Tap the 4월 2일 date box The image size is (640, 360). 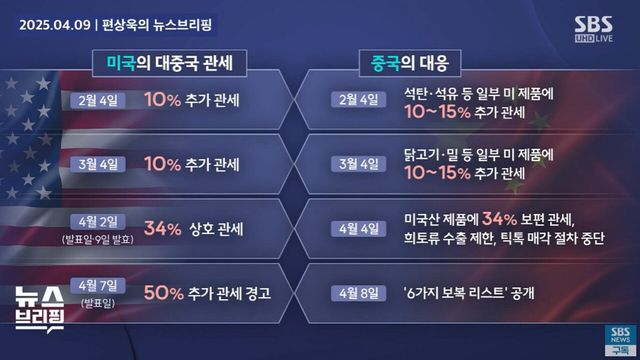point(97,221)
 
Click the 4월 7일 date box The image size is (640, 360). point(97,285)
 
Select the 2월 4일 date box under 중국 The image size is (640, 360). point(359,100)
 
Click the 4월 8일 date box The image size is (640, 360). point(359,293)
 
